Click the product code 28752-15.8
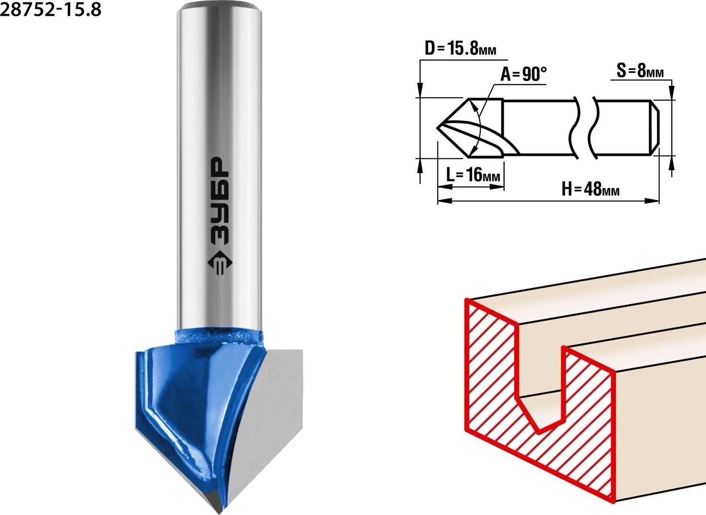click(51, 10)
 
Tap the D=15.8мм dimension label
click(461, 49)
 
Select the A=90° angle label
click(523, 74)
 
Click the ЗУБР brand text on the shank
click(219, 200)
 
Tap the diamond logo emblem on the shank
click(220, 264)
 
